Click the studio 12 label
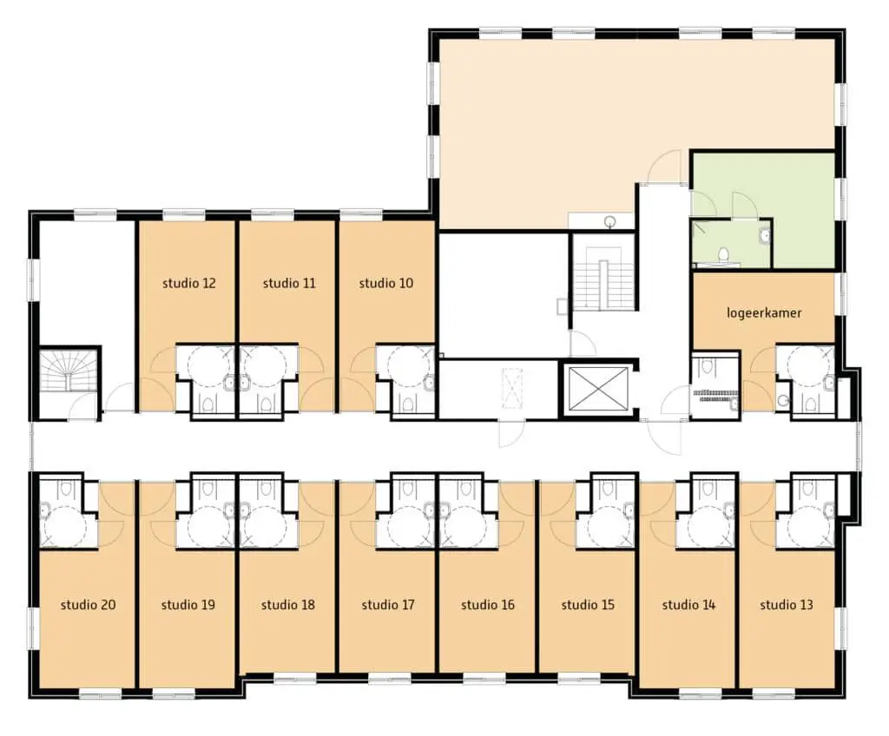[x=188, y=283]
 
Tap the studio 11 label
[x=289, y=283]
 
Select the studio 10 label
[x=386, y=283]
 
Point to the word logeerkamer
[x=764, y=313]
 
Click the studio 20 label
[x=88, y=605]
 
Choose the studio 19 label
[x=188, y=605]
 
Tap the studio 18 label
[x=288, y=605]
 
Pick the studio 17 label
[x=388, y=605]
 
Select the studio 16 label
[x=488, y=605]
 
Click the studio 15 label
[x=588, y=605]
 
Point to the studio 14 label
[x=688, y=605]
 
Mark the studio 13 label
[x=787, y=605]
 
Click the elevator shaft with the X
[x=599, y=389]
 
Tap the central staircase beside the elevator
[x=603, y=278]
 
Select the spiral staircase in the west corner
[x=69, y=371]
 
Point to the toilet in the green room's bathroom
[x=723, y=255]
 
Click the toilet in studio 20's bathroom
[x=66, y=489]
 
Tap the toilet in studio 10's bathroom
[x=408, y=404]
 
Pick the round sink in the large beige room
[x=610, y=221]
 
